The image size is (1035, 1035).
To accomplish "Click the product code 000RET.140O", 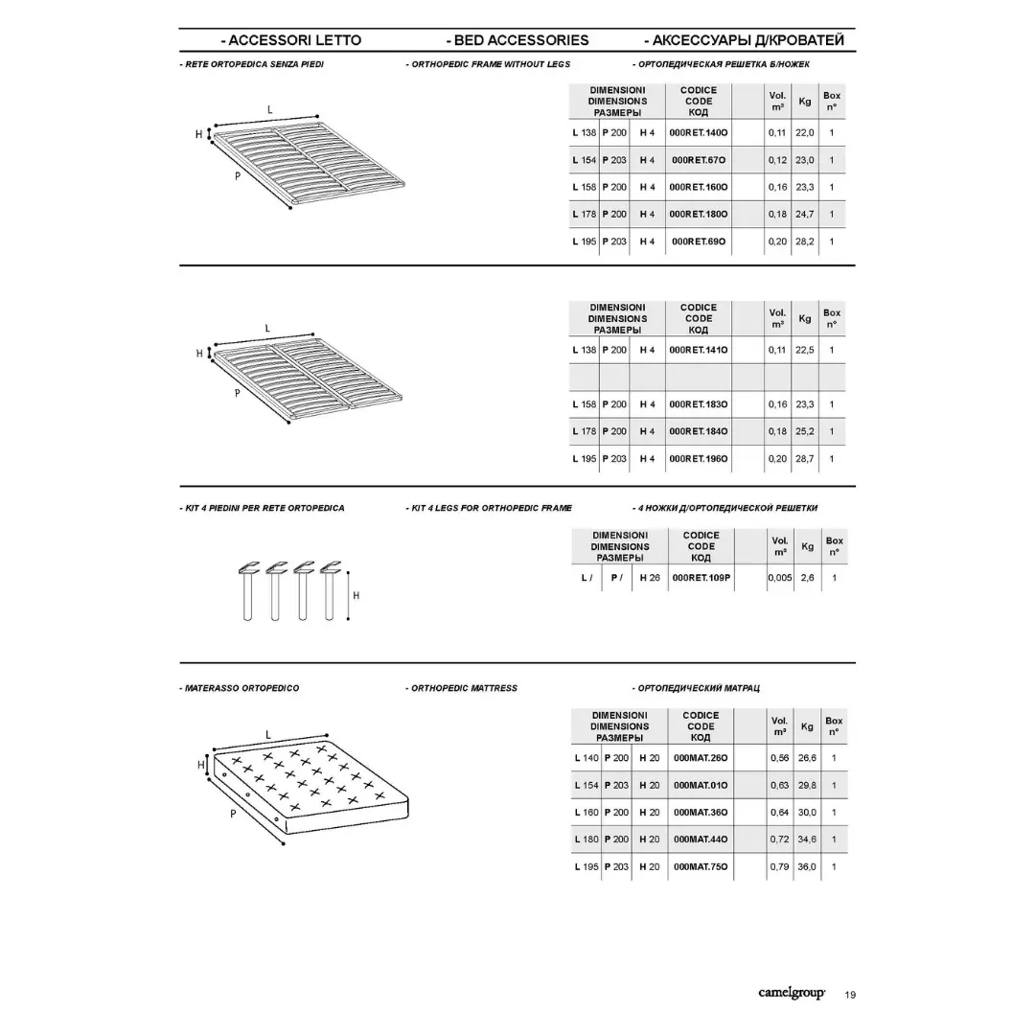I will point(699,132).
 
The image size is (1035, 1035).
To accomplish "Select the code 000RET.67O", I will point(699,160).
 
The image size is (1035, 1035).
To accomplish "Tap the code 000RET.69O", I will point(699,241).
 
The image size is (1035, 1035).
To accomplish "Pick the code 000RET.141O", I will point(699,350).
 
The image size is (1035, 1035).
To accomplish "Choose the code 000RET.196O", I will point(699,459).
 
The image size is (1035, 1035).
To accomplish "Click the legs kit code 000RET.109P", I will point(701,578).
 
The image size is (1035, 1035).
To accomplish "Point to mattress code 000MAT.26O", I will point(701,758).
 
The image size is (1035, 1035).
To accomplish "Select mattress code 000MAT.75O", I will point(701,866).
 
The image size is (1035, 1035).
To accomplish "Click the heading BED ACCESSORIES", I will point(517,40).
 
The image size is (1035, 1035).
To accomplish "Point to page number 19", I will point(851,995).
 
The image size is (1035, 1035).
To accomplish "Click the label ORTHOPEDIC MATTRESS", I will point(462,688).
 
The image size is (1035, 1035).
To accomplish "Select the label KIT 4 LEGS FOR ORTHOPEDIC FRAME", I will point(489,508).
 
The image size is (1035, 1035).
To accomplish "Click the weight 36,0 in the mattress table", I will point(807,866).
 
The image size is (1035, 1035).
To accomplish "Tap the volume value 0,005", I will point(780,578).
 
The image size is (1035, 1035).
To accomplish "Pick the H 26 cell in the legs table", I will point(650,578).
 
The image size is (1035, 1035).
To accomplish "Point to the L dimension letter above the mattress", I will point(268,735).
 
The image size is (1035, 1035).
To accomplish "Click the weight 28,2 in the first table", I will point(805,241).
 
